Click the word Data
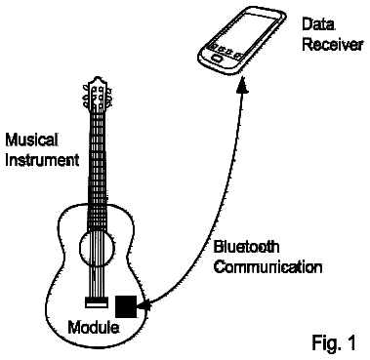click(x=318, y=24)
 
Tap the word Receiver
click(x=332, y=44)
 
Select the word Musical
click(x=32, y=140)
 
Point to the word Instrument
click(x=42, y=160)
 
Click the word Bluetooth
click(x=246, y=247)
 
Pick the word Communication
click(x=268, y=267)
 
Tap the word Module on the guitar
click(x=93, y=327)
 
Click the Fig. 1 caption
click(x=334, y=342)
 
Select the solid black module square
click(x=126, y=306)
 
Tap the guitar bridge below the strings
click(x=96, y=302)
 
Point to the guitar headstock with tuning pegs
click(x=98, y=94)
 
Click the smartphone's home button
click(x=217, y=59)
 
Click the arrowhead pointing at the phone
click(x=242, y=86)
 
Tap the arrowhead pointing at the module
click(x=144, y=305)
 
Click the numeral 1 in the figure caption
click(x=351, y=342)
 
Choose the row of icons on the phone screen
click(x=226, y=52)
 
